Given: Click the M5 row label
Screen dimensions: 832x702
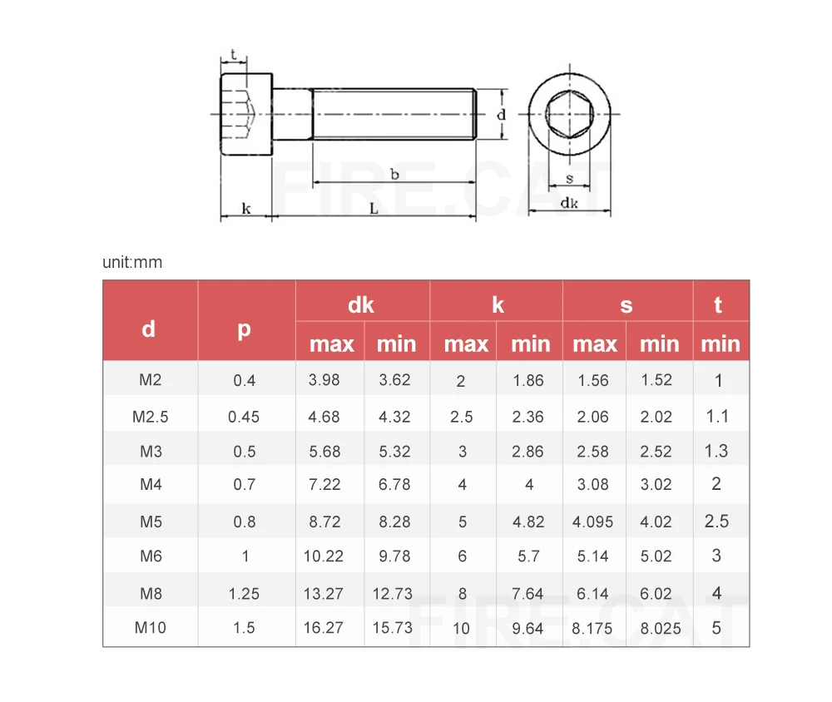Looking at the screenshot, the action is [151, 522].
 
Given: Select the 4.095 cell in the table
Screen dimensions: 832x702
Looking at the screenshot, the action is [592, 522].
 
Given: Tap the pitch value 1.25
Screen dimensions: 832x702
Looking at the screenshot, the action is [244, 593].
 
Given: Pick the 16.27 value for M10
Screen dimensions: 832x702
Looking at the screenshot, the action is [323, 628].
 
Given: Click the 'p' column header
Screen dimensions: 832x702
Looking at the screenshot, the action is [244, 329].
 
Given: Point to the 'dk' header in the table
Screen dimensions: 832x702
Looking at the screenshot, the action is [361, 305].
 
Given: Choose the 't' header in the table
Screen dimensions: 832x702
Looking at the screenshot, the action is [718, 305].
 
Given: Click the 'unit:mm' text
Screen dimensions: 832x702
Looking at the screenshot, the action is [132, 262].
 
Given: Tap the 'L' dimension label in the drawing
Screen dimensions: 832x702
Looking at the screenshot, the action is [374, 209].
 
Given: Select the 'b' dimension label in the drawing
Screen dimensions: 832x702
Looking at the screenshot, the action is [394, 174].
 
